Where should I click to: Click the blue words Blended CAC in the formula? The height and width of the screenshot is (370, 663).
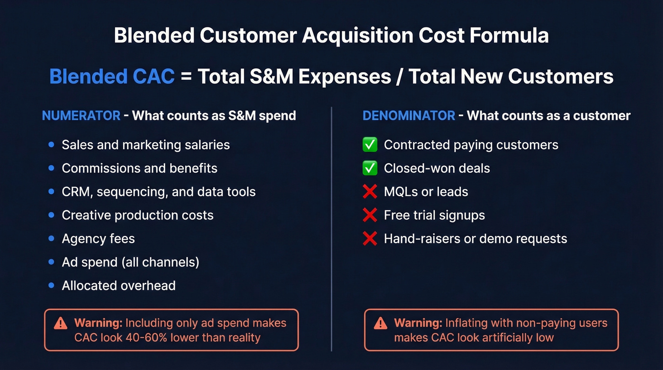point(112,76)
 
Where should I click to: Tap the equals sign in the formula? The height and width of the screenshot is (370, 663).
point(186,77)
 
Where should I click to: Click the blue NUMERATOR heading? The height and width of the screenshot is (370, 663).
point(81,116)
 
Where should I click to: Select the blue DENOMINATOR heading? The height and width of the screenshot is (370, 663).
point(409,116)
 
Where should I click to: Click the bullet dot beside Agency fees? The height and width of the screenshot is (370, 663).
point(51,238)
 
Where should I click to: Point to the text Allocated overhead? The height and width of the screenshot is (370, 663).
point(118,286)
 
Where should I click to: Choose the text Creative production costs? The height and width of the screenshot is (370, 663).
point(137,215)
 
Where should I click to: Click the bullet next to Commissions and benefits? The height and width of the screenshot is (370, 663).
point(51,168)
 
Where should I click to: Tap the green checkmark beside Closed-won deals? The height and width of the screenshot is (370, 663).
point(370,168)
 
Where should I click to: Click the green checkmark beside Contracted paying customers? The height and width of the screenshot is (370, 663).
point(370,144)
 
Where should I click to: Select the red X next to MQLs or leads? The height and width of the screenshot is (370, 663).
point(370,191)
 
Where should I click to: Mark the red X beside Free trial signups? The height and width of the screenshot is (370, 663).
point(370,215)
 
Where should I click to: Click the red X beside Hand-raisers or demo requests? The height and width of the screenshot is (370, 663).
point(370,238)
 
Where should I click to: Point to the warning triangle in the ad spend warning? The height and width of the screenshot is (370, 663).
point(61,324)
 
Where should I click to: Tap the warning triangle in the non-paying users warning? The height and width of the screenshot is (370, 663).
point(380,324)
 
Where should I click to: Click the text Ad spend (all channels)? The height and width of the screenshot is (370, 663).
point(130,262)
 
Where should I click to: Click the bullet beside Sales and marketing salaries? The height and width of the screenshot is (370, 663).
point(51,144)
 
